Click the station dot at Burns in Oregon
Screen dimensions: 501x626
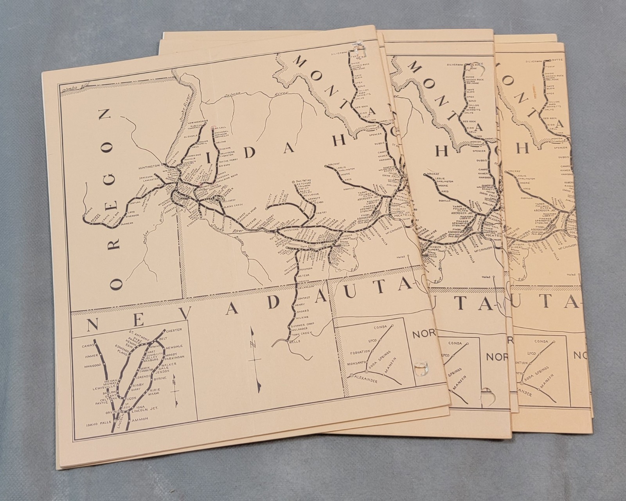point(84,214)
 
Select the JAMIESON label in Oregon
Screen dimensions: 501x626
point(146,177)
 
